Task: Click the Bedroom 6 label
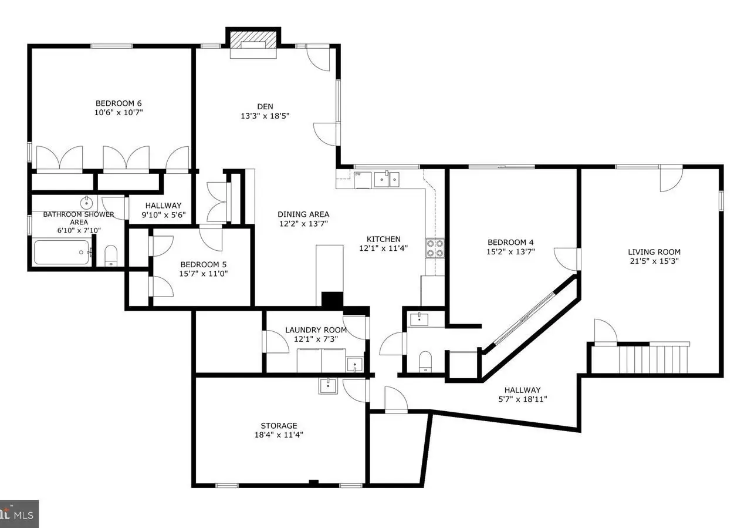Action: click(x=119, y=103)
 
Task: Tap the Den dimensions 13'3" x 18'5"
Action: click(x=265, y=116)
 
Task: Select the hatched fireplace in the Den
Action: click(x=253, y=41)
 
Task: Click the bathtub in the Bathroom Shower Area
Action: click(x=62, y=252)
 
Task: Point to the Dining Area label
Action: click(x=303, y=214)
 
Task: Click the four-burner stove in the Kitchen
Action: click(x=435, y=248)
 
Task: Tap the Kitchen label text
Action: click(x=383, y=239)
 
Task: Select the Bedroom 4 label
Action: click(x=510, y=242)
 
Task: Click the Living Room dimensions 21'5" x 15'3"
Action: click(x=654, y=261)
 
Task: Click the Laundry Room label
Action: click(x=316, y=330)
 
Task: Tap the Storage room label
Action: click(x=279, y=426)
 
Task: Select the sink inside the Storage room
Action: click(x=328, y=386)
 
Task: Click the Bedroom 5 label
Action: click(x=203, y=264)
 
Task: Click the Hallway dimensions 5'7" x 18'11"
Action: click(x=523, y=399)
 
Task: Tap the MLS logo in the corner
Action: click(x=19, y=514)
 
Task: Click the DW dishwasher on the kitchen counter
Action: click(x=363, y=180)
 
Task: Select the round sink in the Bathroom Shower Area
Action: click(x=86, y=203)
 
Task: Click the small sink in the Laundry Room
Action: click(x=355, y=364)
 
